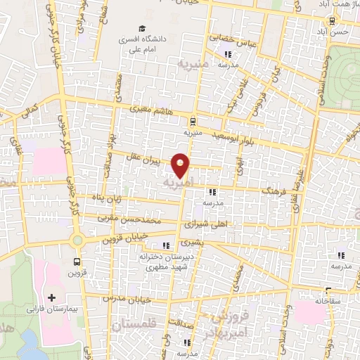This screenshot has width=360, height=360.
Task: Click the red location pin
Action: point(181,165)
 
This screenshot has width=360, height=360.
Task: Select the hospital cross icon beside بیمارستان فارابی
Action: point(53,297)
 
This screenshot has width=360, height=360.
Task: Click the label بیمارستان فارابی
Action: point(51,309)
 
